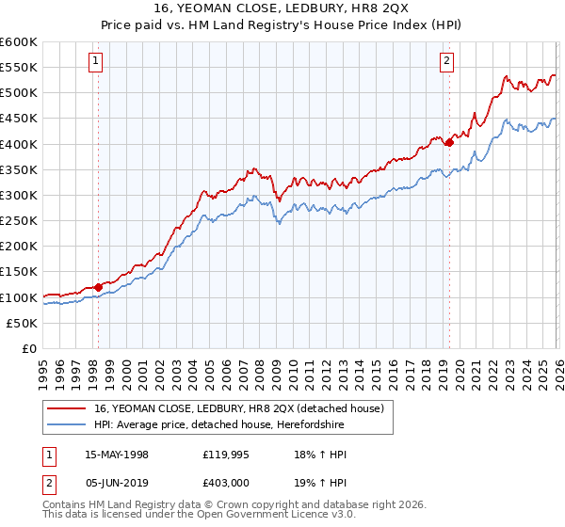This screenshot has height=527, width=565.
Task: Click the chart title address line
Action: [x=282, y=8]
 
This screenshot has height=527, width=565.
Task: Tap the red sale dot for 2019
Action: [x=449, y=142]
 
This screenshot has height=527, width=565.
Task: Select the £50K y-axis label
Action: [x=23, y=323]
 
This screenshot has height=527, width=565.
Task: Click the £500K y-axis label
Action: [x=19, y=93]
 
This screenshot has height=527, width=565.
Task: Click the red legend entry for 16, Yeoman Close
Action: [x=238, y=409]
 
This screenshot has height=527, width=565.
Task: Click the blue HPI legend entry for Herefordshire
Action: [x=218, y=425]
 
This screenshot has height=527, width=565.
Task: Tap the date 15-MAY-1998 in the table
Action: [x=117, y=455]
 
